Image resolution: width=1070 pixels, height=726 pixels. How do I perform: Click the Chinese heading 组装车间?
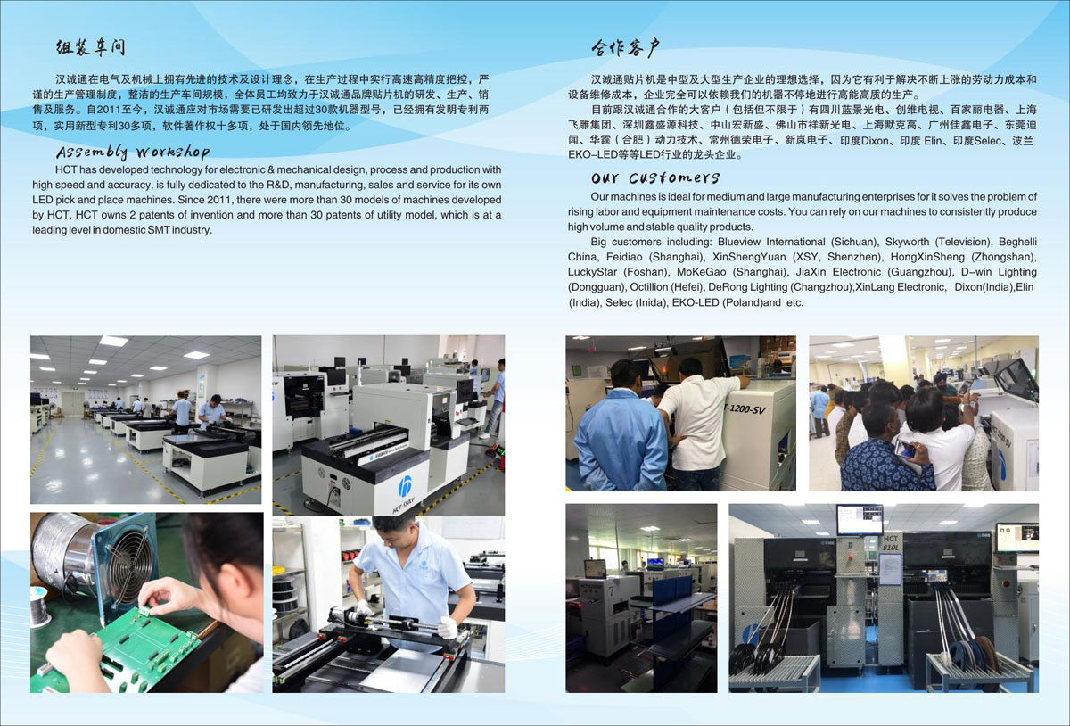pos(90,47)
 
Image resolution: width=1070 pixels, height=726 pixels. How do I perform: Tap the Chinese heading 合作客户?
pos(625,48)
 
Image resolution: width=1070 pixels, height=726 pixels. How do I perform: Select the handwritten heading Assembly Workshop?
pos(133,152)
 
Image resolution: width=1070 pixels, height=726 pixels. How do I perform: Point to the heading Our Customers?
pos(654,177)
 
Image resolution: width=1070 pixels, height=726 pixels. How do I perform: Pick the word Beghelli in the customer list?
pos(1017,242)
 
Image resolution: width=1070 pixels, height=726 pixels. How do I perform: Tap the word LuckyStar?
pos(592,272)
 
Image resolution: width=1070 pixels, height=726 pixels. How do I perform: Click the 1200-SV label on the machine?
pos(746,408)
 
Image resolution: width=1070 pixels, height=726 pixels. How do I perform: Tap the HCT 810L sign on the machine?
pos(891,543)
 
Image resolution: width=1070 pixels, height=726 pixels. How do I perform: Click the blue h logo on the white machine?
pos(406,485)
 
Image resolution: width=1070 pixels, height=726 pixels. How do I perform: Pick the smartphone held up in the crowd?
pos(906,449)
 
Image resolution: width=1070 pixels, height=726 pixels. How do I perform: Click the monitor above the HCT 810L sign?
pos(860,520)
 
